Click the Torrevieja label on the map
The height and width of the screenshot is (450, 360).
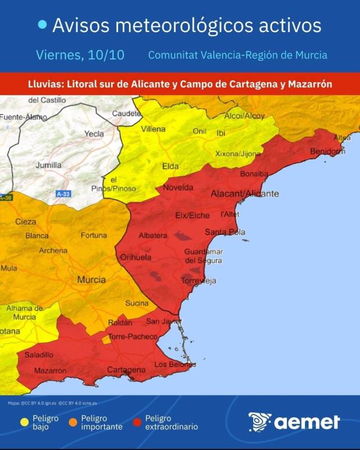(x=199, y=281)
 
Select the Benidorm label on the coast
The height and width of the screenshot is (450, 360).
(x=327, y=151)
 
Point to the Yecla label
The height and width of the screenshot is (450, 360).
(x=94, y=134)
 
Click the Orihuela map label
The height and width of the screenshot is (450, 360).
(x=136, y=257)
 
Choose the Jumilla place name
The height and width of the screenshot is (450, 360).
(x=48, y=165)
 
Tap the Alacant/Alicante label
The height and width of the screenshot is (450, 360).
(x=244, y=193)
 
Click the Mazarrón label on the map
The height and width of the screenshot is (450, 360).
(x=50, y=371)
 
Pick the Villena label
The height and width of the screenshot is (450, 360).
(x=153, y=129)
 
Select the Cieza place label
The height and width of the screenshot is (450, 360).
(x=25, y=222)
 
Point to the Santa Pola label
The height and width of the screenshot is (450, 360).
(x=224, y=232)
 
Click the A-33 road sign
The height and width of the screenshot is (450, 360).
(x=63, y=192)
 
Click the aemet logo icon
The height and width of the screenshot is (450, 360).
(x=260, y=422)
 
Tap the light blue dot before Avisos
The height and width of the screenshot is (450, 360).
(x=42, y=24)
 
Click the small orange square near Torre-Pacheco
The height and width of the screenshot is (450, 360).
(x=106, y=340)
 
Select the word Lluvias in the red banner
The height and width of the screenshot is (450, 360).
(x=46, y=84)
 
